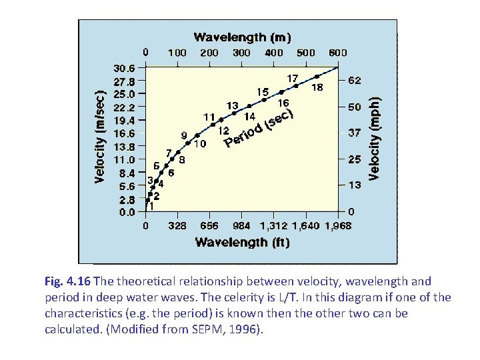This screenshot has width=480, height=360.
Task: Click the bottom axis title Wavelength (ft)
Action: coord(242,242)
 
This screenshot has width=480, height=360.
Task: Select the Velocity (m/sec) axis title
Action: coord(99,137)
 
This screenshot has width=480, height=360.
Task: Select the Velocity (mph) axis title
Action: coord(375,138)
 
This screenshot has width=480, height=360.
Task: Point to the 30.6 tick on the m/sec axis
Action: coord(124,68)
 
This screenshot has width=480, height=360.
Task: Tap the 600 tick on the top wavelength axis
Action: coord(338,52)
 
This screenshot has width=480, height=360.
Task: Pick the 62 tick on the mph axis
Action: coord(355,80)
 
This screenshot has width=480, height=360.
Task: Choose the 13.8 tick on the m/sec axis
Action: coord(124,146)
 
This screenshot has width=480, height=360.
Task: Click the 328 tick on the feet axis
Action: coord(177,226)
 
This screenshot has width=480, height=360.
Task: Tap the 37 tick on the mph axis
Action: coord(355,133)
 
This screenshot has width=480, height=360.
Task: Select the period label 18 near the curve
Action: coord(318,87)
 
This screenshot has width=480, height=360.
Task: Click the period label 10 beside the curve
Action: coord(199,143)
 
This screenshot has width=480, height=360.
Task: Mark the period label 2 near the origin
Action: coord(156,196)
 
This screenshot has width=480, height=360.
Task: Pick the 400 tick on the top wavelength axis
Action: coord(274,52)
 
